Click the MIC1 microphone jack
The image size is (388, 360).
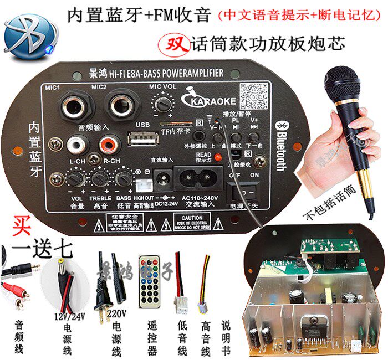(x=74, y=106)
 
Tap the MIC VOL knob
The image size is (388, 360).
(x=162, y=104)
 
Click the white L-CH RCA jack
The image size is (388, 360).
(x=75, y=146)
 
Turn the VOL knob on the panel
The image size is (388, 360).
(x=76, y=179)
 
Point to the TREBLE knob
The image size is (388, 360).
(x=100, y=179)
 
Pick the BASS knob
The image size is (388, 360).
(x=124, y=178)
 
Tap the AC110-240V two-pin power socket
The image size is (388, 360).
(x=198, y=179)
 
